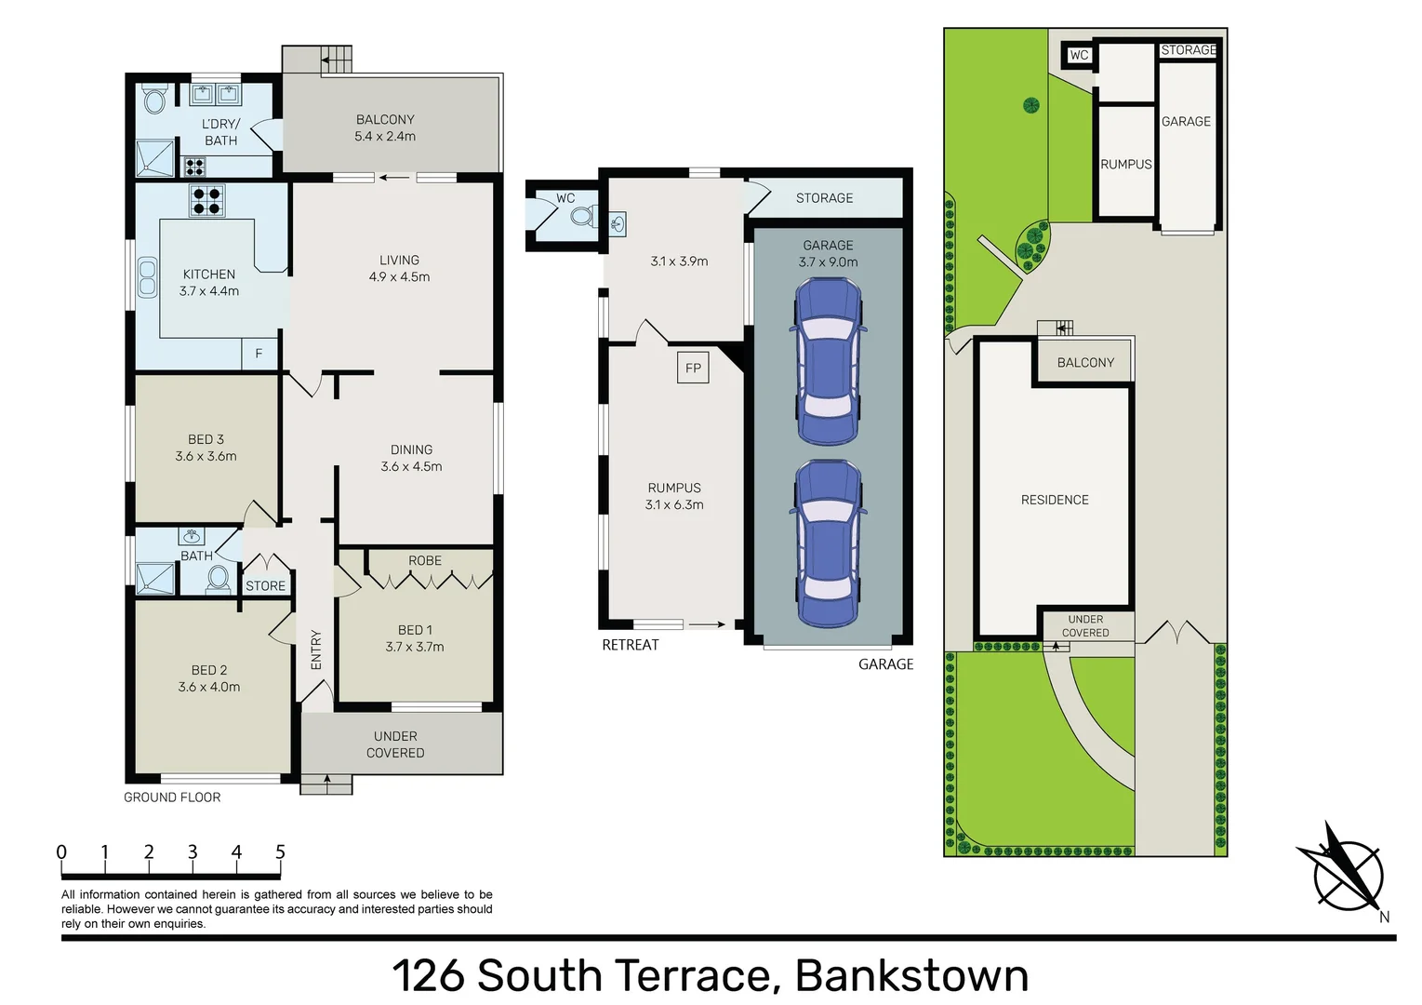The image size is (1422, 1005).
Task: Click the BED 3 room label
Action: [x=206, y=439]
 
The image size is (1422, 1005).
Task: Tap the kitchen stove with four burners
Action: [x=206, y=200]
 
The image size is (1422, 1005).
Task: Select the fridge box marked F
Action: [x=259, y=354]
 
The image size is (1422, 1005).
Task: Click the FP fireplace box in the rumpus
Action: [x=693, y=368]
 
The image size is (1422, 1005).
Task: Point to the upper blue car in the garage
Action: [x=827, y=362]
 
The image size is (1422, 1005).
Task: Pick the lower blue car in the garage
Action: [x=827, y=543]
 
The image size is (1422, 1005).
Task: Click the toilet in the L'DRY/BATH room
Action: [x=154, y=99]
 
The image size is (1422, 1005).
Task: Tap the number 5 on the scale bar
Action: [x=280, y=852]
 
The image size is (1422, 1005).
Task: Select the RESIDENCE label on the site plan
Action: [x=1055, y=500]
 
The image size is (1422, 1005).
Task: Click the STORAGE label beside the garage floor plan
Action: [x=824, y=198]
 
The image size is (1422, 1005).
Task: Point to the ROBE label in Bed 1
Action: [x=425, y=560]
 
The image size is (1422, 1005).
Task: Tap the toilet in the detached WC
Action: [x=582, y=216]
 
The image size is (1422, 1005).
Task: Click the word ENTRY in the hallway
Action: [x=316, y=650]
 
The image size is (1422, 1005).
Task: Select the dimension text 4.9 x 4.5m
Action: [x=399, y=276]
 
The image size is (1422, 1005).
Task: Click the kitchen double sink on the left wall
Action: [x=147, y=276]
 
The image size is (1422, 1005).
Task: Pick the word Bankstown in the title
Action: [x=911, y=975]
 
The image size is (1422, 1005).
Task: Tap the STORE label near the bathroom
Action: [x=266, y=586]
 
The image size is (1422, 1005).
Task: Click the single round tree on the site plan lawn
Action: [x=1030, y=105]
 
